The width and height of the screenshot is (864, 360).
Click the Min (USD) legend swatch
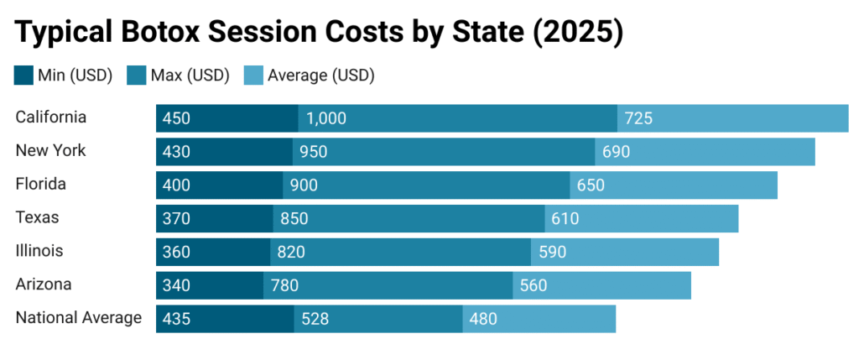[24, 76]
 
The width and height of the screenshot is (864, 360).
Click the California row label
[51, 117]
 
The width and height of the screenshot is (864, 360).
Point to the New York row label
[50, 151]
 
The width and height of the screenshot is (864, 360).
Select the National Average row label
[79, 318]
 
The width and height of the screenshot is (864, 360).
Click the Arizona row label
[44, 284]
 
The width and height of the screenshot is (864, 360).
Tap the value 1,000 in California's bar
[326, 118]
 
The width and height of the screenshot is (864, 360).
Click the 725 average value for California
[638, 118]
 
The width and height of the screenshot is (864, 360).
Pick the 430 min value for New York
[177, 152]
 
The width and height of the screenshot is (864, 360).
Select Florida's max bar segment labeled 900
[426, 185]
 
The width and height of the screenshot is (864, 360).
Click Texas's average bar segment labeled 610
[642, 219]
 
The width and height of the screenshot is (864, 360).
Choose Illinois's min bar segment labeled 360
[213, 252]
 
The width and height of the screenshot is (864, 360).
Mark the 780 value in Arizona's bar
[284, 285]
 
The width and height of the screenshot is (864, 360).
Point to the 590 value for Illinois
[552, 252]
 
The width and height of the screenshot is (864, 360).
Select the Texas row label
[39, 217]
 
